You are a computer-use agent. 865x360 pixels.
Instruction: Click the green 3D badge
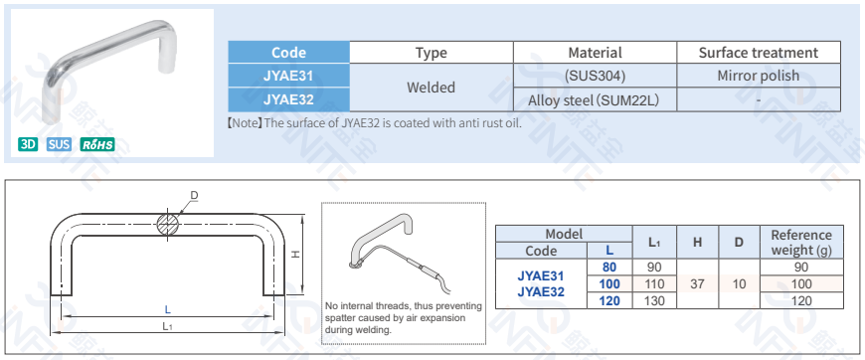28,144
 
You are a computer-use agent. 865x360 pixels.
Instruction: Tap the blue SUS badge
59,144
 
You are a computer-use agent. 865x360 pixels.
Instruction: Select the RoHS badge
97,144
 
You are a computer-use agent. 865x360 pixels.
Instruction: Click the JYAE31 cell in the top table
288,76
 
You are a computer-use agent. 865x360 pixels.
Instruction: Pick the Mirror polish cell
759,76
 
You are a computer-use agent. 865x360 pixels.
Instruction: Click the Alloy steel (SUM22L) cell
595,99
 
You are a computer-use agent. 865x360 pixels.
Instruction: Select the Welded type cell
431,88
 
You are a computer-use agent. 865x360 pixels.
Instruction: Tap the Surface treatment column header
759,53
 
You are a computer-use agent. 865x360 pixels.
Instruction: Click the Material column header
595,53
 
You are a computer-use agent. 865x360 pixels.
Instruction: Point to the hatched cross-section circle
167,224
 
